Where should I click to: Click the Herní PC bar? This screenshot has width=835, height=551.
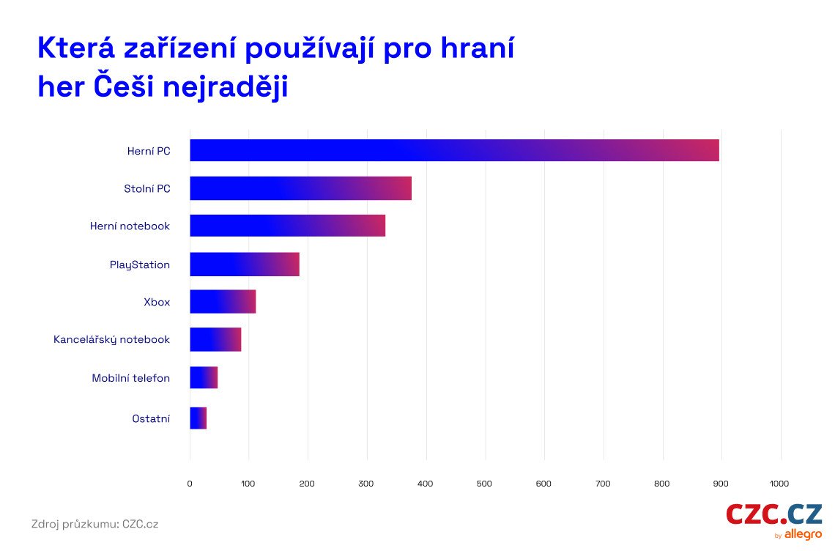click(x=454, y=150)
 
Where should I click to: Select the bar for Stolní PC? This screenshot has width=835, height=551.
click(x=300, y=188)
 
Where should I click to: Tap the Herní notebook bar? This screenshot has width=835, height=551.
click(x=287, y=226)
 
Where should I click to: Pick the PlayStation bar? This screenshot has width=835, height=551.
click(x=245, y=264)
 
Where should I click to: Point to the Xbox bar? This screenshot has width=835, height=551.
click(x=223, y=301)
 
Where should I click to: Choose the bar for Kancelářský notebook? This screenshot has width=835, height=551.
click(x=215, y=339)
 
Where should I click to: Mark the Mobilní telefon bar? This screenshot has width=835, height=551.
click(x=204, y=377)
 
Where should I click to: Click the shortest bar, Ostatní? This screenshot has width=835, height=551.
click(x=198, y=418)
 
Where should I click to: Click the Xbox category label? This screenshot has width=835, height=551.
click(x=157, y=302)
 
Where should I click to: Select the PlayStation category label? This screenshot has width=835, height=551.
click(x=140, y=265)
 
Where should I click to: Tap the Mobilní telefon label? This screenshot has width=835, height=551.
click(x=131, y=378)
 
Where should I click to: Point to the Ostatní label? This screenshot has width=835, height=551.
click(x=151, y=418)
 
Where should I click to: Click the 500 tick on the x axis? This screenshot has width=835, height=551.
click(x=485, y=484)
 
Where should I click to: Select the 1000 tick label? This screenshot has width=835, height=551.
click(x=779, y=484)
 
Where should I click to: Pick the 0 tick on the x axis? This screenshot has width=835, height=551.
click(x=190, y=484)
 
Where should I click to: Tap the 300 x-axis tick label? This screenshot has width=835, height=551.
click(x=367, y=484)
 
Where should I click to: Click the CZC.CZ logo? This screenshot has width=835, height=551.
click(x=774, y=517)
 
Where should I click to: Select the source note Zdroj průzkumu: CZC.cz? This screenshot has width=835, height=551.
click(x=94, y=524)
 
